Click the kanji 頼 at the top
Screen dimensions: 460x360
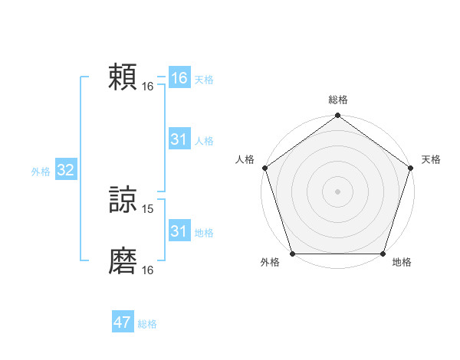coord(123,77)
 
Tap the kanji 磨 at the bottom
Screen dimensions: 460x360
coord(123,261)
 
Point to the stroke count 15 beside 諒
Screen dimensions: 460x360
coord(149,208)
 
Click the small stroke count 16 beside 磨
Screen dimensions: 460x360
coord(148,270)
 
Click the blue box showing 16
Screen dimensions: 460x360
coord(179,78)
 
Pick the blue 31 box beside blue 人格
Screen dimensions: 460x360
coord(179,139)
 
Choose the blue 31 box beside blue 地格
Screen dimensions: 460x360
coord(179,231)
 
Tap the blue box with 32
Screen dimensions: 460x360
coord(65,170)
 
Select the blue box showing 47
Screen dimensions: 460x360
coord(123,322)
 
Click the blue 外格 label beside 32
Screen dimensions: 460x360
coord(41,172)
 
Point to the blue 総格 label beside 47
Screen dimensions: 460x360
coord(147,324)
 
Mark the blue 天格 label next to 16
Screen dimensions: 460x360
coord(204,80)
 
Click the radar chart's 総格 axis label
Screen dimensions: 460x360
coord(338,100)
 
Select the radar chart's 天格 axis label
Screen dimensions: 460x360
coord(432,159)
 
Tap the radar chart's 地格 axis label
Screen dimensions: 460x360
coord(402,263)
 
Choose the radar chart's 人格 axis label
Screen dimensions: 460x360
coord(245,159)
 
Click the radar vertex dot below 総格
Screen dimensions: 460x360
coord(338,116)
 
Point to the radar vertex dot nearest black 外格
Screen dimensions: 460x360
coord(293,254)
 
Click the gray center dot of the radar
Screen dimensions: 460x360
coord(338,191)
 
